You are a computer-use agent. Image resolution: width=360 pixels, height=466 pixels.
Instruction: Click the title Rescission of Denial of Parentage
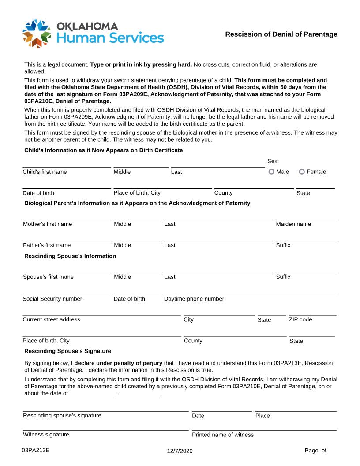tap(281, 34)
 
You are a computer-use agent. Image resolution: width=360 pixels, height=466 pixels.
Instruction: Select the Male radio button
tap(271, 172)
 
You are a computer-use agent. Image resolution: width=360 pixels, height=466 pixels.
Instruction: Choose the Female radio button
tap(302, 172)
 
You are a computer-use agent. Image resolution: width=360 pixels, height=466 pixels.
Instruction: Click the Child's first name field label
tap(45, 172)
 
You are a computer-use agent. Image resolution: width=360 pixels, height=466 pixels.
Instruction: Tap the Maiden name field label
tap(293, 224)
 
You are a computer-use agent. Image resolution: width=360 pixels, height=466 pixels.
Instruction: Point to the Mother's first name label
tap(47, 224)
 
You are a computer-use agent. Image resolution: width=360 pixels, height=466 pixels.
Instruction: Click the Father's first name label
tap(46, 245)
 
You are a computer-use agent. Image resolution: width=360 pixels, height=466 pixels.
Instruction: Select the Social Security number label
tap(52, 299)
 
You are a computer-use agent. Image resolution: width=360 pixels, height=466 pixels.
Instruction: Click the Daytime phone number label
tap(194, 299)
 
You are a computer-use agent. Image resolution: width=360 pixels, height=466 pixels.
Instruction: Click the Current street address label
tap(51, 319)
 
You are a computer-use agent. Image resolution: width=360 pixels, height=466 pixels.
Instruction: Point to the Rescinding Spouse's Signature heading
tap(67, 351)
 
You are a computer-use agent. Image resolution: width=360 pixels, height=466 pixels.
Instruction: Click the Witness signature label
tap(46, 434)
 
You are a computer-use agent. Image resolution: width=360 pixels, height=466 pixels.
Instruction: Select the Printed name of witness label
tap(223, 435)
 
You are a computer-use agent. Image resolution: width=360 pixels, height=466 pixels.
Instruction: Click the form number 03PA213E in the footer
tap(36, 450)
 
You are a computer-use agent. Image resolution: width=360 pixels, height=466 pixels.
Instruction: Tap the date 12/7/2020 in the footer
tap(180, 451)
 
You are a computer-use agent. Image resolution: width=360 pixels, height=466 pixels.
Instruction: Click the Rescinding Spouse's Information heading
tap(70, 256)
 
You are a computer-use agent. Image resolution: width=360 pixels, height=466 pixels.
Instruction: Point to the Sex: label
tap(273, 162)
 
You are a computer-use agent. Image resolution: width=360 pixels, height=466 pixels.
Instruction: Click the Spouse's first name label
tap(48, 277)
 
